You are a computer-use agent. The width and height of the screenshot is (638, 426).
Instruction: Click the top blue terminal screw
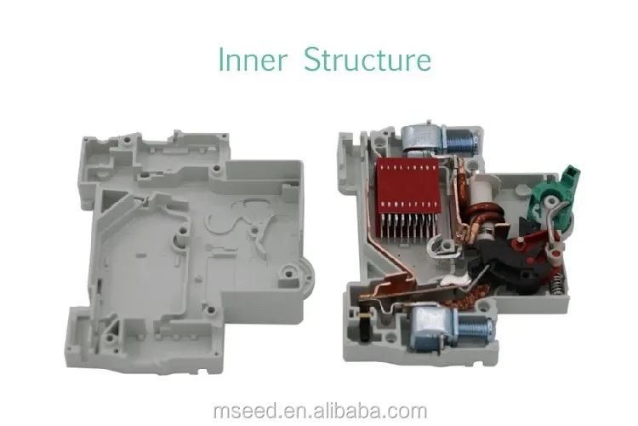(464, 139)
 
